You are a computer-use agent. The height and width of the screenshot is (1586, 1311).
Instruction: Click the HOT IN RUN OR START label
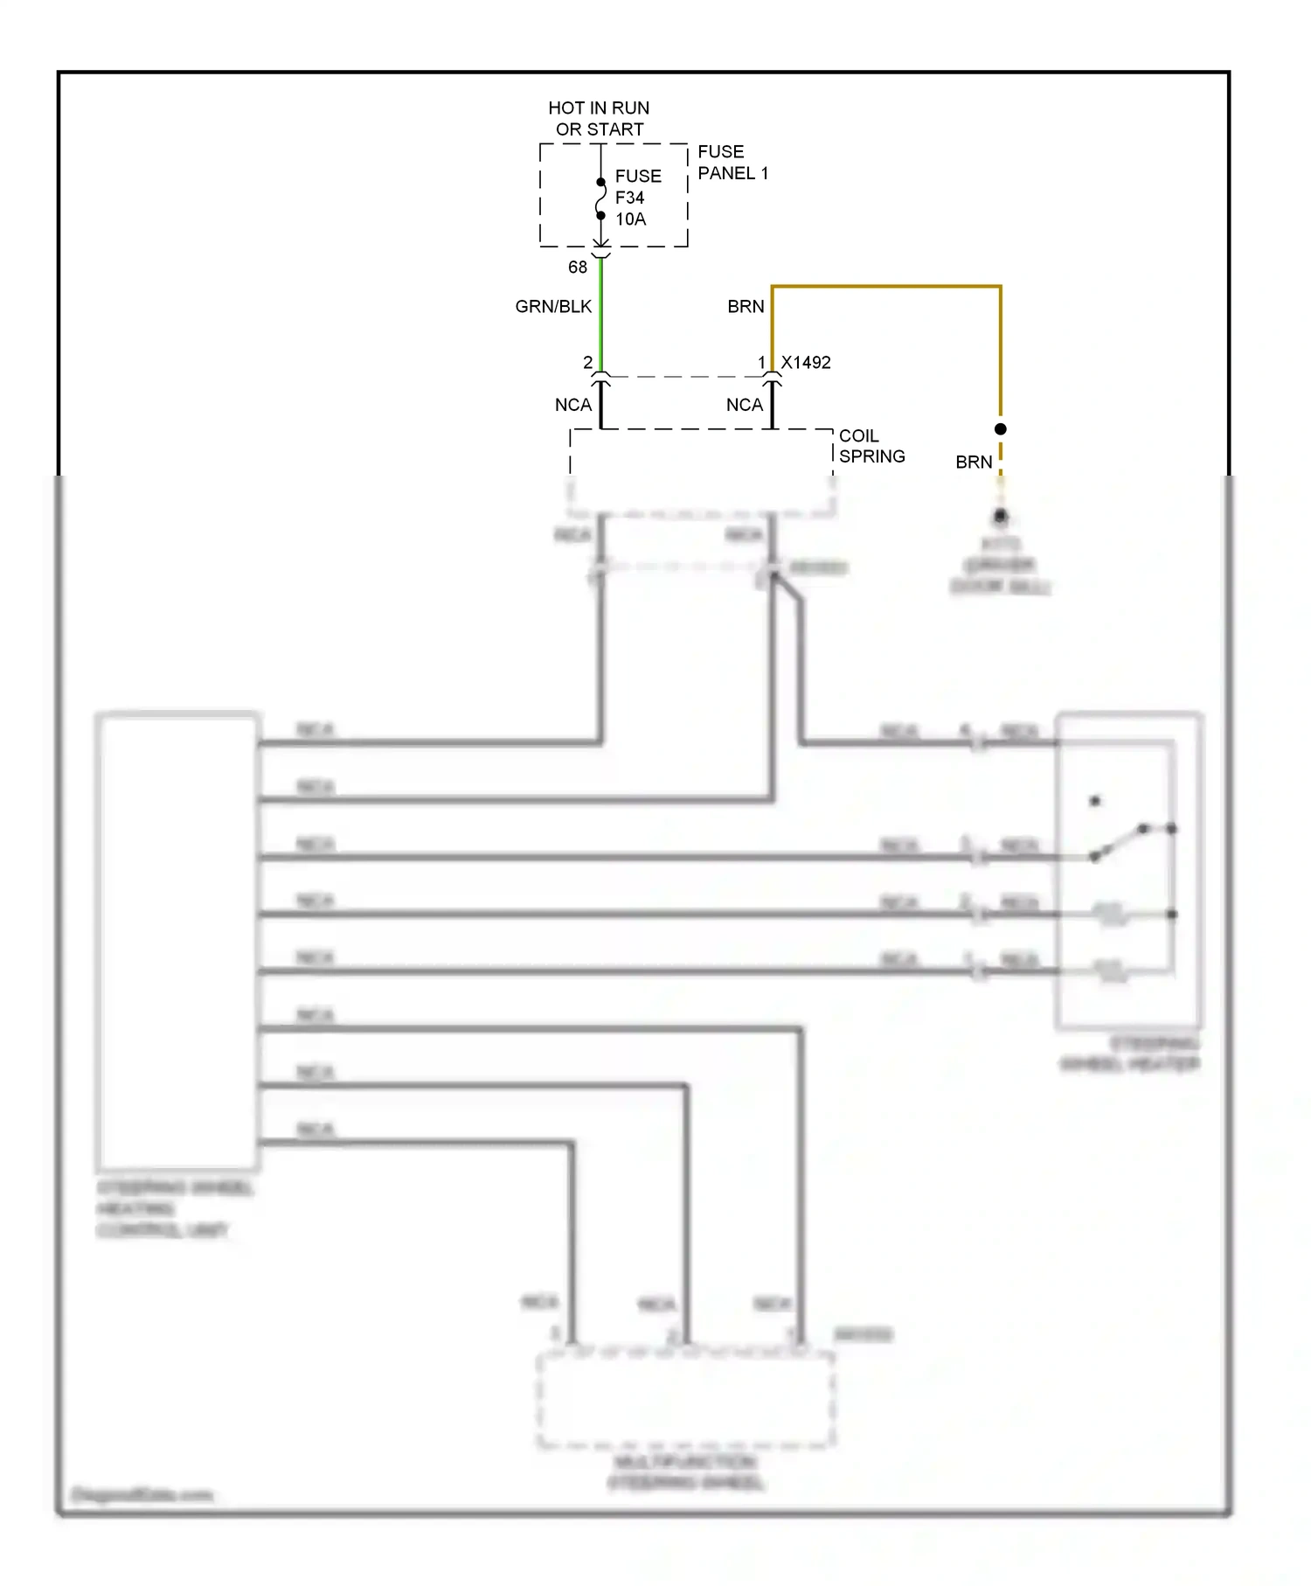599,118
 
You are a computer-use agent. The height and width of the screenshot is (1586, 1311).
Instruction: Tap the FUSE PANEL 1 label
732,163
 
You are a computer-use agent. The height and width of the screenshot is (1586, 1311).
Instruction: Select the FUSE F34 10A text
638,198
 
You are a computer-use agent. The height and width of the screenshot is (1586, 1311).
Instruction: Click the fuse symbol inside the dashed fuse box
601,199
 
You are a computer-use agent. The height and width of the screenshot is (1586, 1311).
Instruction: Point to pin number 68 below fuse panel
578,268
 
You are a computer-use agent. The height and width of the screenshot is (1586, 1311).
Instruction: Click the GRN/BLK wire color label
553,307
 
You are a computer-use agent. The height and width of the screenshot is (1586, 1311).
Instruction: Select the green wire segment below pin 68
601,315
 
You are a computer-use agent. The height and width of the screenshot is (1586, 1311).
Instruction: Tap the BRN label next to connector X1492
746,307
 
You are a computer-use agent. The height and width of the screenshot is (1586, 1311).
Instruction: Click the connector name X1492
806,363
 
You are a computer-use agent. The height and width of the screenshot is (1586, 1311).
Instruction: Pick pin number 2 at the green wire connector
587,363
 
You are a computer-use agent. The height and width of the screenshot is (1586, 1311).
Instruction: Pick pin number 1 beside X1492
761,363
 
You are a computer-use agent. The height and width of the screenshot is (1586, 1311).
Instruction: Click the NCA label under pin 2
573,406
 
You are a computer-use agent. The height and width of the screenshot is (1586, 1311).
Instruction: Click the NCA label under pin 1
745,406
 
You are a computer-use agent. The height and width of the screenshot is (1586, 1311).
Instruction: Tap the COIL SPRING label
871,446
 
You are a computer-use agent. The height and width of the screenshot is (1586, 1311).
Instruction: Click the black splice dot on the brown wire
1001,429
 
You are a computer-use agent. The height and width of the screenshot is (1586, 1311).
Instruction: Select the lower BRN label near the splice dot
974,463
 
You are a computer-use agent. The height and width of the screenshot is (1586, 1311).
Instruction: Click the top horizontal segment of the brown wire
886,286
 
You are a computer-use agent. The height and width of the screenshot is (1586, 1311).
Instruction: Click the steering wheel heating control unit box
177,941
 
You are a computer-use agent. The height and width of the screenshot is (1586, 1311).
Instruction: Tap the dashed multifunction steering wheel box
685,1399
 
